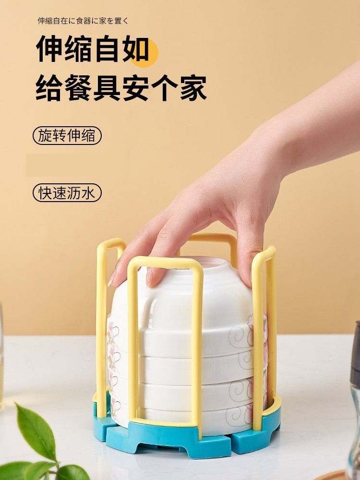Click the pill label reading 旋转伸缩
coord(67,136)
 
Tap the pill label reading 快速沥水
coord(67,193)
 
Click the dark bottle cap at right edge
coord(356,355)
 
